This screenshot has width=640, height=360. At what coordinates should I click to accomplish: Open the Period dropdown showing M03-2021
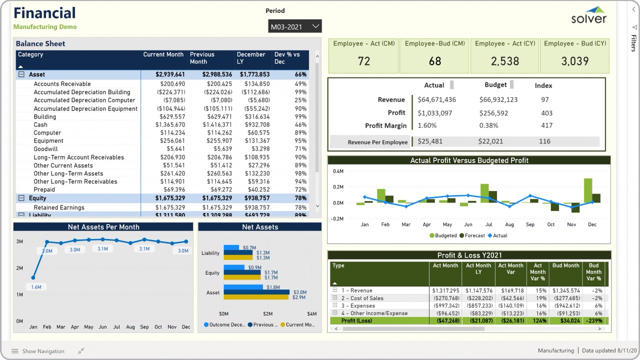pos(294,26)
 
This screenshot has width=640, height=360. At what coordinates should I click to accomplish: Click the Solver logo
pos(589,16)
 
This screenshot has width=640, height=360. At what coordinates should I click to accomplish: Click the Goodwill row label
pos(45,149)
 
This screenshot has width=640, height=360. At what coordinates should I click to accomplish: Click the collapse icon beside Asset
pos(21,74)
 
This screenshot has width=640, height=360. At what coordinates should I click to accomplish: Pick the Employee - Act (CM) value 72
pos(363,61)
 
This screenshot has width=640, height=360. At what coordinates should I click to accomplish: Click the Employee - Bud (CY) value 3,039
pos(574,61)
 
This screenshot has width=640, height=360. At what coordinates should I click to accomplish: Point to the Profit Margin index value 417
pos(546,125)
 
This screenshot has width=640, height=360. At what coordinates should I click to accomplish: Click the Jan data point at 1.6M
pos(33,277)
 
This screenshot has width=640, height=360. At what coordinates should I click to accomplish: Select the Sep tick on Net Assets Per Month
pos(144,327)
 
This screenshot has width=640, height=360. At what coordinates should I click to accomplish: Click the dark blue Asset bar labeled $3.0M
pos(256,292)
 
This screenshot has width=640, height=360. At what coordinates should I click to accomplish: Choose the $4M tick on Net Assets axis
pos(311,314)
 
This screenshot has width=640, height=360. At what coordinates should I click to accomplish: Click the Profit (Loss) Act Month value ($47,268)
pos(445,321)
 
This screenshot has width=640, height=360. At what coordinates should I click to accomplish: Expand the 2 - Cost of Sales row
pos(335,298)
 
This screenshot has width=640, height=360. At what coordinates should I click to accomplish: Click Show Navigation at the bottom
pos(38,351)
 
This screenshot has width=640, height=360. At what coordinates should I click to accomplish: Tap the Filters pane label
pos(633,43)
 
